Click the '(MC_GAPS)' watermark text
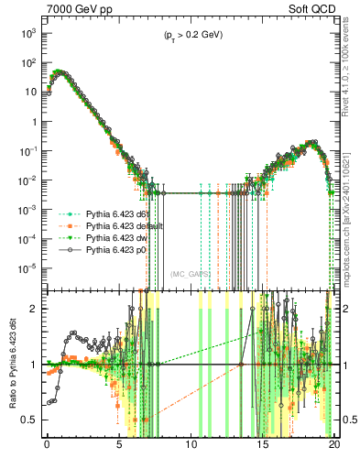coord(190,273)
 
